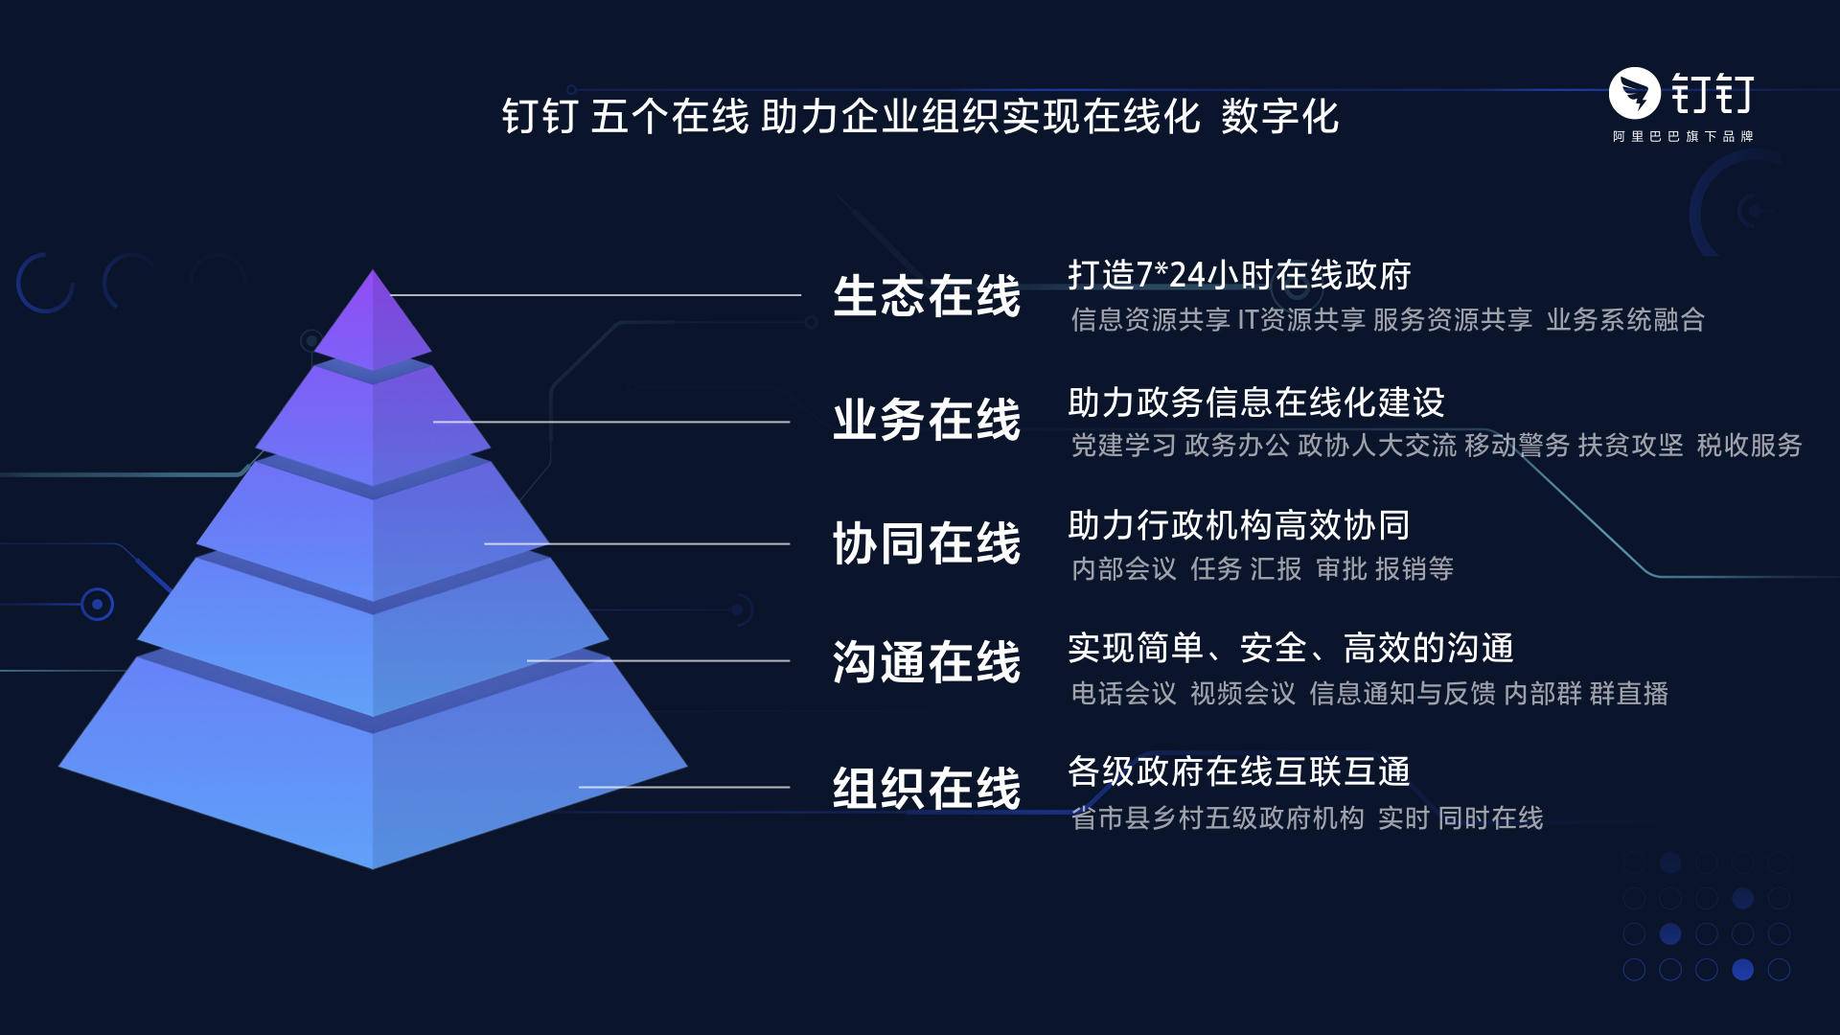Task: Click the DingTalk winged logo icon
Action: click(1635, 93)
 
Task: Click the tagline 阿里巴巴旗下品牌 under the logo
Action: click(1683, 137)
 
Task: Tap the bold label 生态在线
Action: click(927, 296)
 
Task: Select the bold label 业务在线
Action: click(927, 421)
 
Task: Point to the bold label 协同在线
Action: click(927, 544)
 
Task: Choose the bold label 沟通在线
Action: click(927, 662)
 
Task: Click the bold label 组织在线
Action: click(927, 789)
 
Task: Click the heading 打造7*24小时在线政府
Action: click(1240, 275)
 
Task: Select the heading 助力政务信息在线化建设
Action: click(1256, 402)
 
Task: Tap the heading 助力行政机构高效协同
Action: click(1239, 525)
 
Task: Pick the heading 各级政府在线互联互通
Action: click(1239, 771)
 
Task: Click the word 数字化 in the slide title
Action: click(1280, 117)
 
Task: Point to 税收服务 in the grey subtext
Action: click(1750, 446)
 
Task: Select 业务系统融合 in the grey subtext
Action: click(1625, 320)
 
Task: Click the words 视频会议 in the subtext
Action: click(1243, 694)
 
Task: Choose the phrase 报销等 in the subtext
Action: click(1414, 569)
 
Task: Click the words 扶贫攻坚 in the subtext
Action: click(1631, 446)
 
